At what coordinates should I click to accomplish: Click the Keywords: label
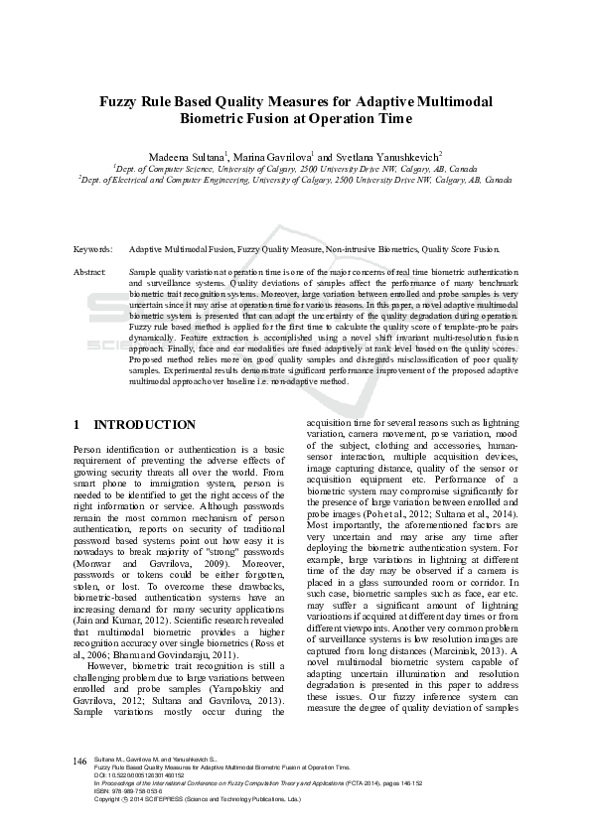[92, 250]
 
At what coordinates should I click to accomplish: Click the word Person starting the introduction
[89, 449]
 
